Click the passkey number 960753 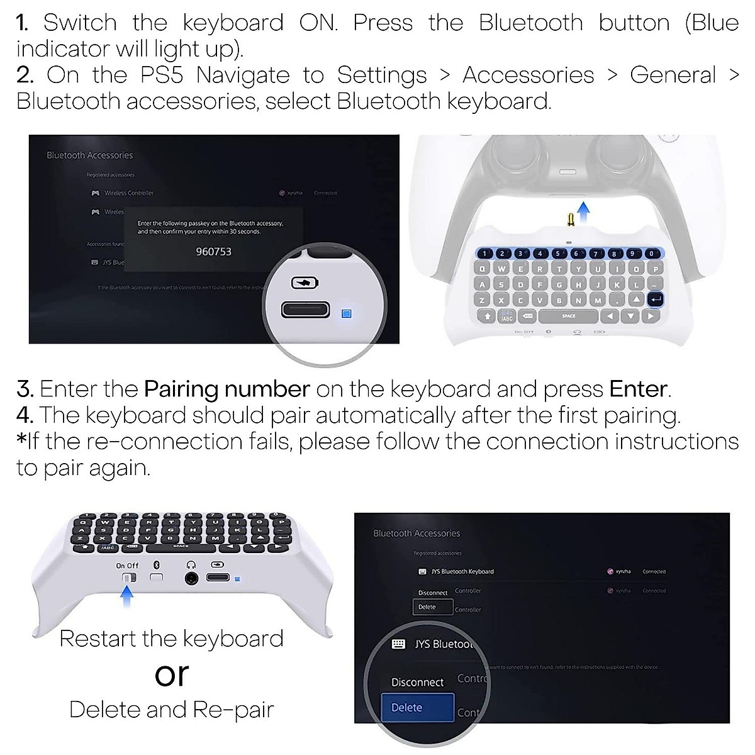pyautogui.click(x=213, y=252)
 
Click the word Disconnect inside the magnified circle pyautogui.click(x=417, y=682)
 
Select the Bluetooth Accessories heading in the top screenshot pyautogui.click(x=89, y=155)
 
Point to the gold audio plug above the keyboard pyautogui.click(x=571, y=219)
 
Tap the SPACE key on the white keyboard pyautogui.click(x=568, y=316)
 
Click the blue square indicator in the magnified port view pyautogui.click(x=346, y=313)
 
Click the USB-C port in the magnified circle pyautogui.click(x=305, y=310)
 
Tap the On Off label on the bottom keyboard pyautogui.click(x=127, y=566)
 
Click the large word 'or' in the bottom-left pyautogui.click(x=171, y=674)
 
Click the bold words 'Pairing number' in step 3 pyautogui.click(x=226, y=389)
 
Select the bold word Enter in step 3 pyautogui.click(x=638, y=389)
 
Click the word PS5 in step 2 pyautogui.click(x=161, y=75)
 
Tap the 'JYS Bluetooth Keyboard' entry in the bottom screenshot pyautogui.click(x=462, y=571)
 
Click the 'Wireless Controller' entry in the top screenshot pyautogui.click(x=128, y=193)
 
